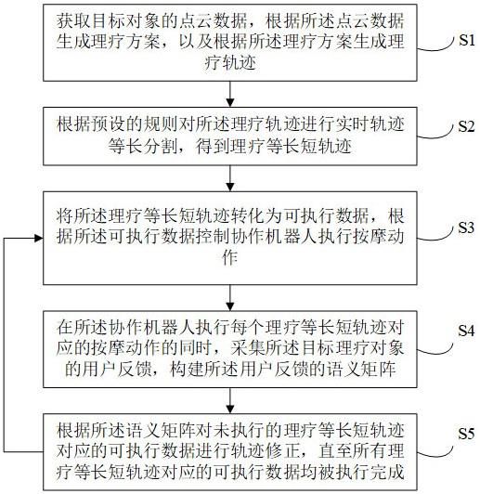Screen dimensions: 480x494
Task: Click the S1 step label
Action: (466, 40)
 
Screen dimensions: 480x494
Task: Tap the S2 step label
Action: (466, 126)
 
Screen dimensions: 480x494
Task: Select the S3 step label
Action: (466, 227)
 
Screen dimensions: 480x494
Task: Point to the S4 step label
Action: (466, 331)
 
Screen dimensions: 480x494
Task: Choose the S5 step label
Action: (466, 434)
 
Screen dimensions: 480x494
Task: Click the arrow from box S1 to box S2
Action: (230, 94)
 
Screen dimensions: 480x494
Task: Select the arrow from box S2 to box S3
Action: (230, 178)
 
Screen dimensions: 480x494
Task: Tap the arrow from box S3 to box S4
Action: (230, 298)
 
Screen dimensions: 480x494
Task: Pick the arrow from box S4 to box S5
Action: (230, 401)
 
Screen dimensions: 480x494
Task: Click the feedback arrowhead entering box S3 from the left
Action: (39, 238)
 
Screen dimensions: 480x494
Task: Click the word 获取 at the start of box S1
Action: (74, 21)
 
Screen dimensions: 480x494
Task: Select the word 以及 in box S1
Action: (196, 42)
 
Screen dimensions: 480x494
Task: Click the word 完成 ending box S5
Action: (387, 473)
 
